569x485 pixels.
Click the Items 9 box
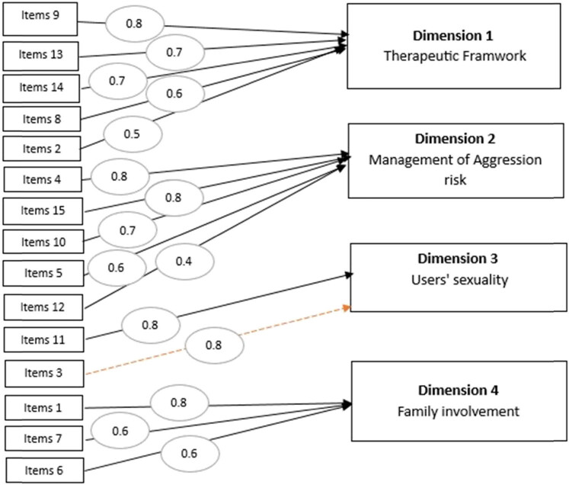(40, 19)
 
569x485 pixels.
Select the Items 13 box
(40, 56)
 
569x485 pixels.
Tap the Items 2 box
(42, 149)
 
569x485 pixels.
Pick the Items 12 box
(43, 307)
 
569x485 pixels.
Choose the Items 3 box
(44, 374)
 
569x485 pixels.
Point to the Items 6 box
(45, 471)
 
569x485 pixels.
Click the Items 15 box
(43, 211)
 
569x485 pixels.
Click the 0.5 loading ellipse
(133, 134)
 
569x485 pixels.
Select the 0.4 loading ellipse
(184, 262)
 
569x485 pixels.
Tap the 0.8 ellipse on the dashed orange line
(214, 345)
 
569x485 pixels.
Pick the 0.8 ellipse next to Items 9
(135, 24)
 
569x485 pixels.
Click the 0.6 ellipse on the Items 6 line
(190, 454)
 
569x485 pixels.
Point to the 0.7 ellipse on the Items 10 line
(128, 230)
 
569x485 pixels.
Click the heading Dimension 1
(453, 36)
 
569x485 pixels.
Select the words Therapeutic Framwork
(455, 56)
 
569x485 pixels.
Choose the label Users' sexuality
(460, 280)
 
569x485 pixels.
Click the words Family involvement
(459, 412)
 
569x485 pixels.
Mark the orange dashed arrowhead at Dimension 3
(347, 308)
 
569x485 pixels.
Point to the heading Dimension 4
(459, 390)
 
